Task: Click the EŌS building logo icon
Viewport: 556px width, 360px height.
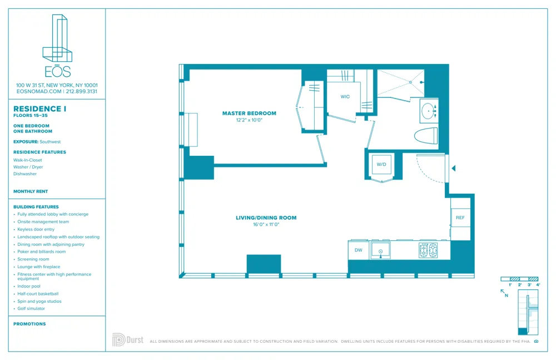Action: coord(57,39)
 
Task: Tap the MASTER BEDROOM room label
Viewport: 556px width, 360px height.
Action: coord(249,114)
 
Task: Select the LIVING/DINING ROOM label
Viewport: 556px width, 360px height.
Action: coord(266,218)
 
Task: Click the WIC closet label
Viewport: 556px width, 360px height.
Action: coord(345,97)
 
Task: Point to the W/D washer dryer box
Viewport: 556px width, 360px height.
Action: coord(381,165)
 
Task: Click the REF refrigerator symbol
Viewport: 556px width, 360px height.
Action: coord(460,218)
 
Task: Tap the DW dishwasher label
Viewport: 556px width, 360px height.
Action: coord(359,250)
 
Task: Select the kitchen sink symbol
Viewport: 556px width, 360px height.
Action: coord(381,250)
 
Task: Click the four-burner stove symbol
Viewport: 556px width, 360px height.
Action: coord(428,250)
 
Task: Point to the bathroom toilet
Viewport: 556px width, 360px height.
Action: coord(426,135)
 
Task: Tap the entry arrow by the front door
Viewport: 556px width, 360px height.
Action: coord(454,168)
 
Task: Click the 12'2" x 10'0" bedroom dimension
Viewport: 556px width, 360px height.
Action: coord(249,120)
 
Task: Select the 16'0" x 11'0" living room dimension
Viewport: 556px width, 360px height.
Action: coord(266,224)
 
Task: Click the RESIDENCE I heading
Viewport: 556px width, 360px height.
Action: coord(39,109)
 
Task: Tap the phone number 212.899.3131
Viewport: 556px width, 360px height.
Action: coord(82,91)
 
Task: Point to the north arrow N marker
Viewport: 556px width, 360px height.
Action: coord(504,293)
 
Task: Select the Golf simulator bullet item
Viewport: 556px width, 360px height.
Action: coord(31,308)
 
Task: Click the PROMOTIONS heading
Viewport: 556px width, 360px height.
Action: coord(29,324)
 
